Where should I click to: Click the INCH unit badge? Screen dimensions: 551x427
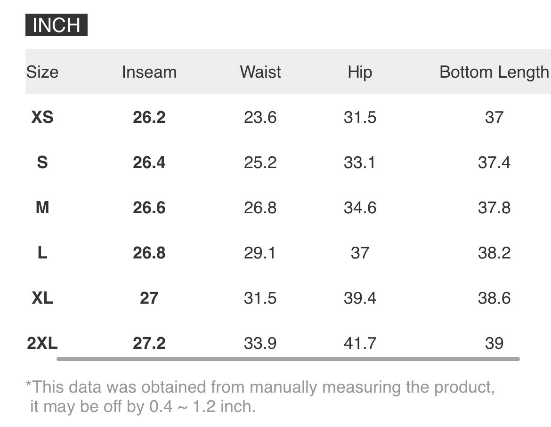56,25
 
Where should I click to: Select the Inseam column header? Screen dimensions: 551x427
149,72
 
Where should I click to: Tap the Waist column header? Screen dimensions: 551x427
260,72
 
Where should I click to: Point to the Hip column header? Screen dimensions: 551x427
360,73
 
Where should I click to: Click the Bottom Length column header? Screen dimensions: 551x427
494,73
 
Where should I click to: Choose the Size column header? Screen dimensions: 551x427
42,72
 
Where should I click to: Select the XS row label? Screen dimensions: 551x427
42,117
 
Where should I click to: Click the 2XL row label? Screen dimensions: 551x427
42,343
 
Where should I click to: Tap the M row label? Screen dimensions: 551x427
42,208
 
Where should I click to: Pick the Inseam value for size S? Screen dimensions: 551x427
149,162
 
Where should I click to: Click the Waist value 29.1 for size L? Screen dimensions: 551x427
260,253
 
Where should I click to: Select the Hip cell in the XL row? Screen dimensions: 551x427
360,298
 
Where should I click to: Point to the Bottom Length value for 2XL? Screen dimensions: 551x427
494,343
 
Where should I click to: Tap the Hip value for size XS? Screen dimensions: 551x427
360,117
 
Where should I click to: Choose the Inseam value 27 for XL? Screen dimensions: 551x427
149,298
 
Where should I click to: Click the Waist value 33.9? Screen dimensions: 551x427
260,343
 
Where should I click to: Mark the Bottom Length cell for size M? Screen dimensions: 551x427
494,208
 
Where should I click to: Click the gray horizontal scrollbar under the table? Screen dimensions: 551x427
288,359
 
